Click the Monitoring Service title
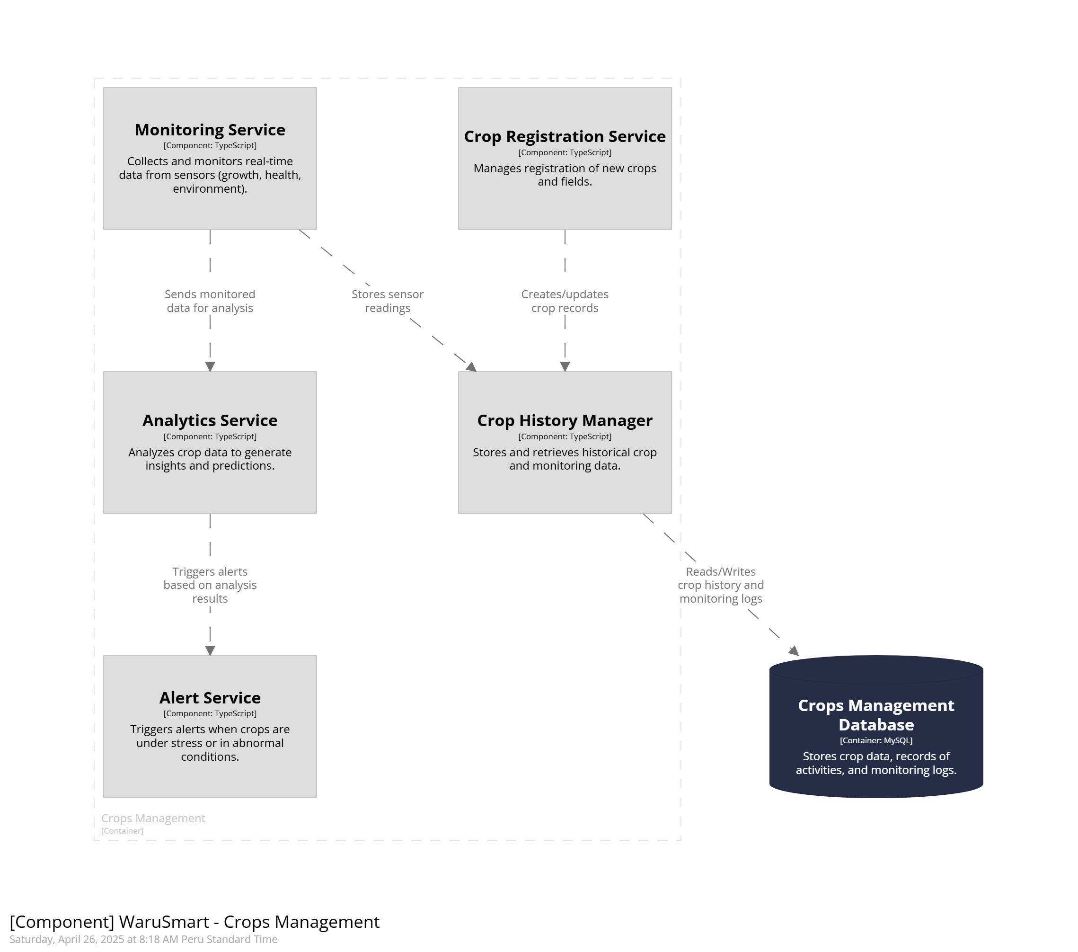point(210,130)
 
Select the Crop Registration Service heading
point(565,137)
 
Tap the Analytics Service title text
point(210,420)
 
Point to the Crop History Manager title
point(565,420)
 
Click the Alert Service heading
point(210,698)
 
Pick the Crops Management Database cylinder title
point(876,715)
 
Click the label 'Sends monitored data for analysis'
point(210,302)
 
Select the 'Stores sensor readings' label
point(388,302)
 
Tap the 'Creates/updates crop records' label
point(565,302)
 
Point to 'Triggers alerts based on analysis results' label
point(210,585)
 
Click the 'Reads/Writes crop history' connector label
point(721,585)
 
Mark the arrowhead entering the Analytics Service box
point(210,367)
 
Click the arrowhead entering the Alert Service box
point(210,650)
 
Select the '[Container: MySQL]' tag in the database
point(876,740)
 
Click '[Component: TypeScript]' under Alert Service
point(210,713)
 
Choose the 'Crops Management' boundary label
point(153,819)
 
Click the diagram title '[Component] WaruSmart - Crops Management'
point(194,922)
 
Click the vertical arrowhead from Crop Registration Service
point(565,367)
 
